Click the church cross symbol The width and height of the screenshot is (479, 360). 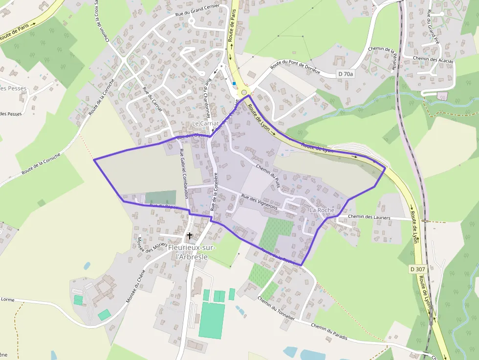190,236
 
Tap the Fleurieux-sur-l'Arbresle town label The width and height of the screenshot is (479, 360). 188,252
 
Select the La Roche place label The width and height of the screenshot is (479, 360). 322,210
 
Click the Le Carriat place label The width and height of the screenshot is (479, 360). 205,124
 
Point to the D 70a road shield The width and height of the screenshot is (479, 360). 346,74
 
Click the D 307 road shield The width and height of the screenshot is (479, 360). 417,269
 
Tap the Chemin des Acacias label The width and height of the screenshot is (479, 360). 433,60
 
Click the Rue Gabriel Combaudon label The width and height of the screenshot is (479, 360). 184,173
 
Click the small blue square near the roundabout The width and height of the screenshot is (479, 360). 234,84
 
